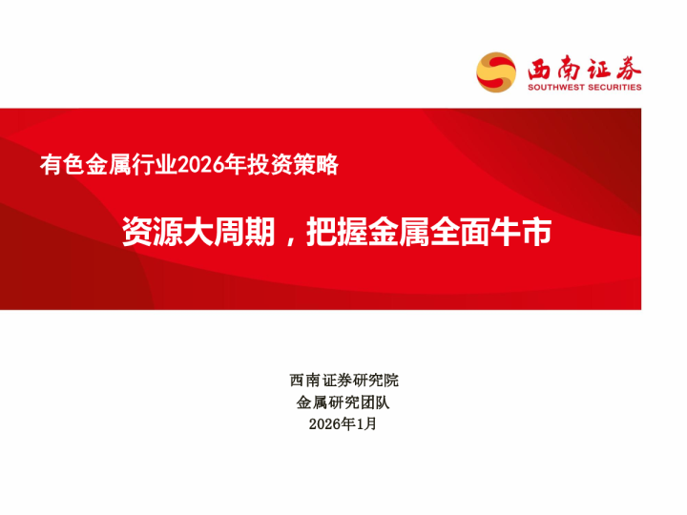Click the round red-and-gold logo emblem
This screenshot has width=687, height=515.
click(496, 72)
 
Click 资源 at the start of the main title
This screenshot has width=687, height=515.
click(143, 233)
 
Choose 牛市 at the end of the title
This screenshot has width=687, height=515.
click(526, 233)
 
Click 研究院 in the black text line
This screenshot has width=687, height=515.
click(375, 380)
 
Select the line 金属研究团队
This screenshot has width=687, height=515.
click(343, 402)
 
